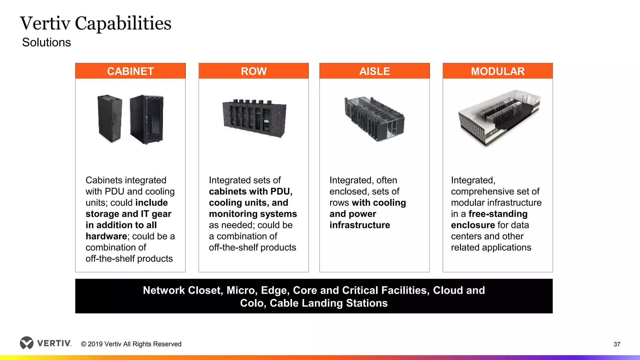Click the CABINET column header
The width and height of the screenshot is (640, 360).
(x=130, y=71)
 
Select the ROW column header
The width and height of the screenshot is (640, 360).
(x=253, y=71)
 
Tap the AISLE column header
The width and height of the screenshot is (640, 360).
(x=374, y=71)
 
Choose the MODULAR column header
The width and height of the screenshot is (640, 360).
(x=497, y=71)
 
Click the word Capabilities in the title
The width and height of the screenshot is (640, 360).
(x=123, y=23)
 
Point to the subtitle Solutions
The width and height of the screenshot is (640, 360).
(x=47, y=42)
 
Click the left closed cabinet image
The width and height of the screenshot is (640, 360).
(x=109, y=118)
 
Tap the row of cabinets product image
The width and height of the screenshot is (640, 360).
(x=254, y=118)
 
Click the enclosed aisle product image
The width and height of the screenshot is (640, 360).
(x=374, y=119)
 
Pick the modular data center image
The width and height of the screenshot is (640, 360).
(x=499, y=118)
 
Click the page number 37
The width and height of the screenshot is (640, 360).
(x=617, y=344)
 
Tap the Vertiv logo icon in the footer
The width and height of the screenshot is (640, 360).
(x=27, y=343)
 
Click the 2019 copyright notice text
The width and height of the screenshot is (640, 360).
(x=131, y=344)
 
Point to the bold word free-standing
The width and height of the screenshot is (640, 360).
(x=498, y=214)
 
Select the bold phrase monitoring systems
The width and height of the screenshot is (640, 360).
(x=253, y=214)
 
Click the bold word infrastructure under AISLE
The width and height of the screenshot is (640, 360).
(x=360, y=225)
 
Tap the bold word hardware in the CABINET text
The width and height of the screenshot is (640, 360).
(x=106, y=236)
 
